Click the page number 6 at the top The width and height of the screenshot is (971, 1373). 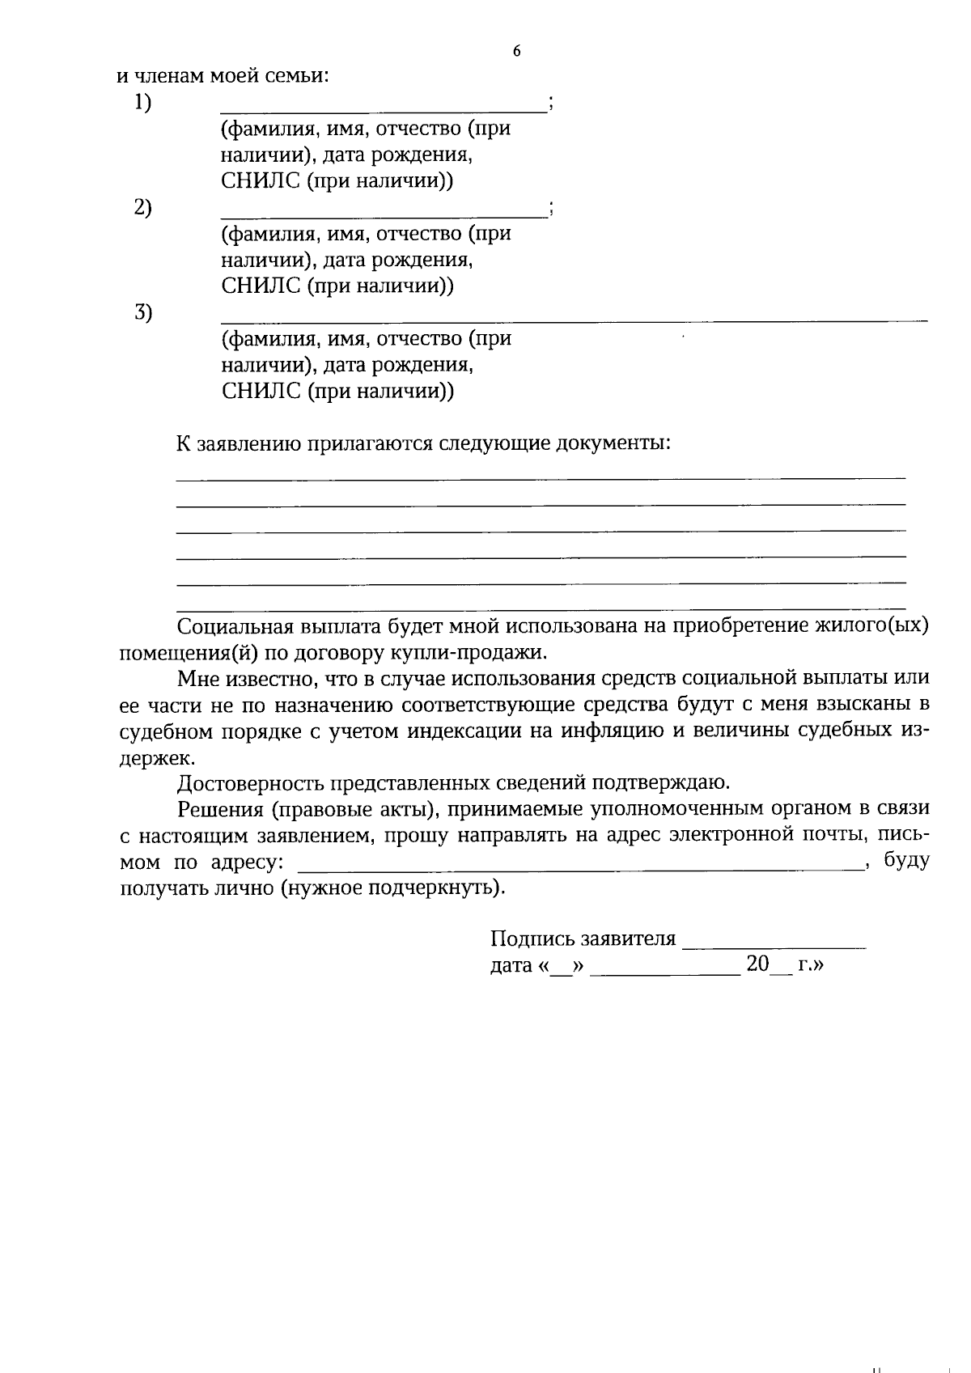tap(517, 52)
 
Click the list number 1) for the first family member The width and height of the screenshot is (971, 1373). tap(142, 103)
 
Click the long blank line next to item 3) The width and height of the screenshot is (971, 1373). tap(574, 320)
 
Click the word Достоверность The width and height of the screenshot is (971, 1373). tap(243, 783)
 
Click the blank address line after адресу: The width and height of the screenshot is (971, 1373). tap(579, 868)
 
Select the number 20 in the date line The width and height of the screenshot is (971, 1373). tap(757, 964)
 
